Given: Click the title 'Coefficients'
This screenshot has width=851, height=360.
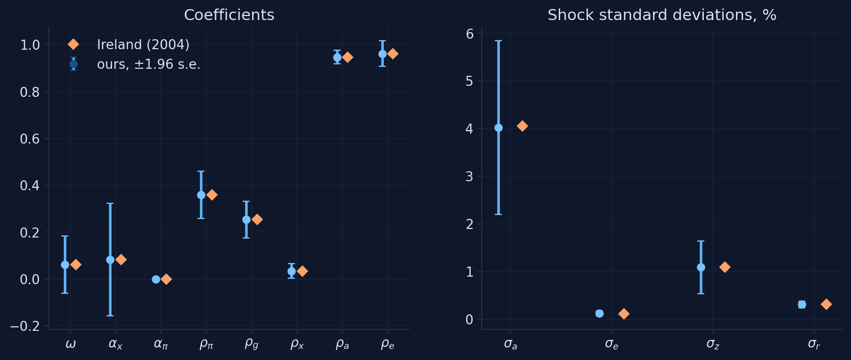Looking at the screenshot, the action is pos(229,15).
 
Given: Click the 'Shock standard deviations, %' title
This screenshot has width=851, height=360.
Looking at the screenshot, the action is pos(662,15).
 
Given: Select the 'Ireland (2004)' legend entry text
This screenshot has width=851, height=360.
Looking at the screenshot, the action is pos(143,45).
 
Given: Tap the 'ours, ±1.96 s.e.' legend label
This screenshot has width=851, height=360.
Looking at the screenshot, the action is pos(149,64).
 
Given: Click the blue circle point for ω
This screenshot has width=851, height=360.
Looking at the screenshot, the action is pos(65,265).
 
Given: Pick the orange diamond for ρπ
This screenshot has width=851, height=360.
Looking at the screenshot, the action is pos(212,195).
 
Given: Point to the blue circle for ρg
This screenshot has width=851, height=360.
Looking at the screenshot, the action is pos(246,219).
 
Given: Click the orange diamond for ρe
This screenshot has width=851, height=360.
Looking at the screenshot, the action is pos(393,54).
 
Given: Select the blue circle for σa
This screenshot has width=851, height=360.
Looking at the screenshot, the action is pos(498,128).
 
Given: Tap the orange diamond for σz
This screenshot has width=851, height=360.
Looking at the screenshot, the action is pos(724,267).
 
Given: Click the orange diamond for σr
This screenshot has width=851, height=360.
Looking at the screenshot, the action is pos(826,304).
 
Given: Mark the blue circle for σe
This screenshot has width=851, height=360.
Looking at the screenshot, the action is pos(599,314).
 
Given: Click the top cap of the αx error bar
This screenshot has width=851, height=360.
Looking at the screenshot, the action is pos(110,203).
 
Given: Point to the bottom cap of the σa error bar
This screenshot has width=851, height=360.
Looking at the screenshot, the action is pos(498,214).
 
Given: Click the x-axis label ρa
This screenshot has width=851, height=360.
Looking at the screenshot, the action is pos(342,344).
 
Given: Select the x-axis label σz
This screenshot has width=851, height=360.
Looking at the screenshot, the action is pos(713,344).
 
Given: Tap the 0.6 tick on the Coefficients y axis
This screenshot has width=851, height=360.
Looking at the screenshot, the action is pos(30,139).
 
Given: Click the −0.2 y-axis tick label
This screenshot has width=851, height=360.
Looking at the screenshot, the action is pos(25,326).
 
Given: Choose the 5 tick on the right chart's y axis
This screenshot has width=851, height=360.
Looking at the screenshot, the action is pos(470,81).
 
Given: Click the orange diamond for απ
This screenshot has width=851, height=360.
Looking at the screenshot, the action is pos(166,279).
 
